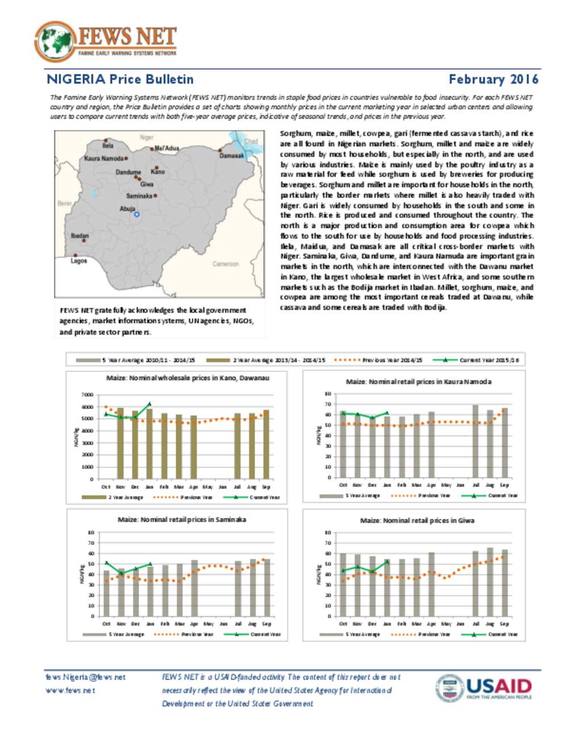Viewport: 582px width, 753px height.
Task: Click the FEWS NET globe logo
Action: [55, 41]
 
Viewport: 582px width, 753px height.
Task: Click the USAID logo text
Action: [498, 686]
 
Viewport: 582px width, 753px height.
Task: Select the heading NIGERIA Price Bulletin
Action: [120, 80]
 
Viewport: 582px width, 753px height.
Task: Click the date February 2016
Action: [493, 80]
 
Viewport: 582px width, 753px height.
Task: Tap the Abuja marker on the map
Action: [136, 214]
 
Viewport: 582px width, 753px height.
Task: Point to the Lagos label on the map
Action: [79, 261]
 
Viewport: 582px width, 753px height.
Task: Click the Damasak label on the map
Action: [231, 156]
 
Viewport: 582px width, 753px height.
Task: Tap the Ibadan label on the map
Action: [80, 235]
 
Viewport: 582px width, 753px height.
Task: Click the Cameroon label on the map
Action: [226, 264]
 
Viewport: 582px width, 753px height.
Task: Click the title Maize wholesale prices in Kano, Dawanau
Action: [188, 378]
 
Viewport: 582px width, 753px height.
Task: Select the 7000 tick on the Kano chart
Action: [87, 394]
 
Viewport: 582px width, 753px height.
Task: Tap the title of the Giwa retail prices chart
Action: [417, 521]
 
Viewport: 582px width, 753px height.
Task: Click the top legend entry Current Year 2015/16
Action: [488, 360]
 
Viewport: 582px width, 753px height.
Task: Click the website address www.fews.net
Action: [70, 690]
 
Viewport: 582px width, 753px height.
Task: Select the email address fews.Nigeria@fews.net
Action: [86, 677]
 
